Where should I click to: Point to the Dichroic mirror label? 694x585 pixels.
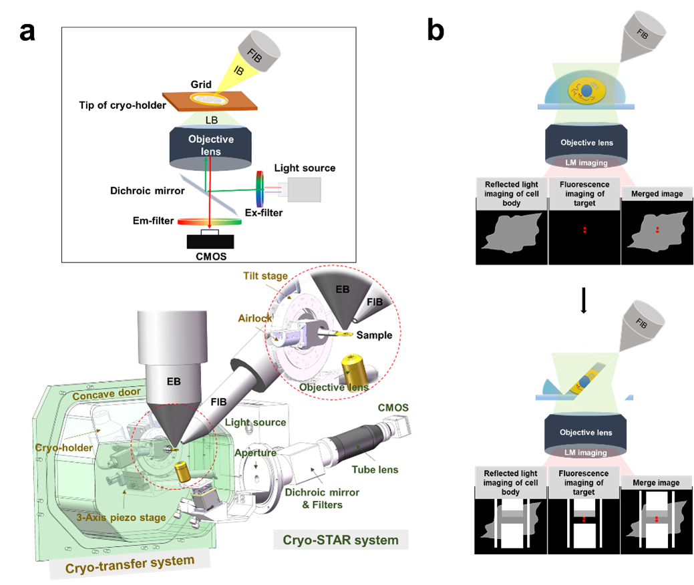147,191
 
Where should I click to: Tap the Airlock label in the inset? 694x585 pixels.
254,319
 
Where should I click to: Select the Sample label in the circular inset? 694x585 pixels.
373,335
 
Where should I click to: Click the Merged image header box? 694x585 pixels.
653,194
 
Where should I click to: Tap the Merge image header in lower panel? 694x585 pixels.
651,482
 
